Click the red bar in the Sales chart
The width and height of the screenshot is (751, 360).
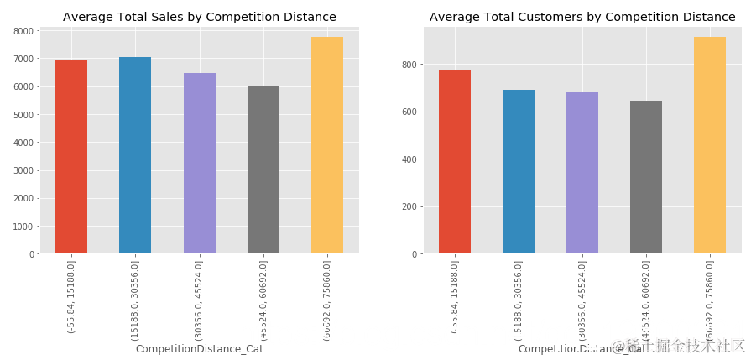(x=71, y=157)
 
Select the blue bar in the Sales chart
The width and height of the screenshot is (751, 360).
(x=135, y=155)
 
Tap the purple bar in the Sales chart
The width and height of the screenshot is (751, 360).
(x=200, y=164)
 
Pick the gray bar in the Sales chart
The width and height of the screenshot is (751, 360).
(x=263, y=170)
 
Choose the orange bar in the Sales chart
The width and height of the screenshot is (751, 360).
(x=327, y=145)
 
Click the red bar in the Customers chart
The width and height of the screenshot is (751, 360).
(x=455, y=162)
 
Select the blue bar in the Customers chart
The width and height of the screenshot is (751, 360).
(x=519, y=172)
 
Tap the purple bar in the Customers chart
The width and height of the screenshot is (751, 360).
(x=582, y=173)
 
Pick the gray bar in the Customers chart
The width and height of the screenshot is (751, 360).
(x=646, y=177)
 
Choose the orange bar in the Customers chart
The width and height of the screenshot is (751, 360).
(x=710, y=145)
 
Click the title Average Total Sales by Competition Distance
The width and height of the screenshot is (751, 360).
(x=200, y=17)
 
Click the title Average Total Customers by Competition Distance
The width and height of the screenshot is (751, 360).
(x=582, y=17)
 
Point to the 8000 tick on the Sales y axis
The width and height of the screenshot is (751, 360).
(x=24, y=31)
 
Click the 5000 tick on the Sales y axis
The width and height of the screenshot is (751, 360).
(x=24, y=115)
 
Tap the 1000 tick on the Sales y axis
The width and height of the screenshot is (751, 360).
(x=24, y=227)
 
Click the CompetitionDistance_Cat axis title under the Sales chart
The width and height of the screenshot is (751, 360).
(x=200, y=349)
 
